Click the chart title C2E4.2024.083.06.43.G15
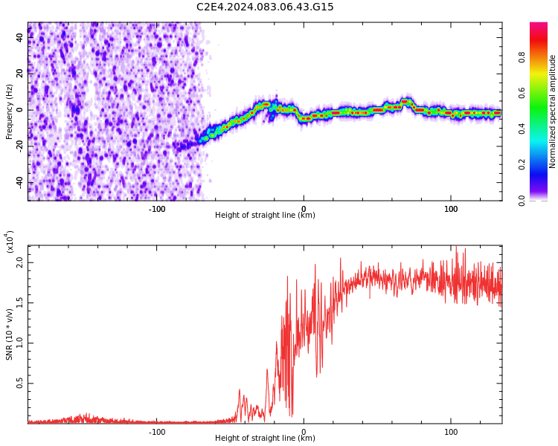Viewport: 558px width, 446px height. pyautogui.click(x=265, y=7)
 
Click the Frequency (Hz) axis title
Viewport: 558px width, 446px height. pyautogui.click(x=10, y=111)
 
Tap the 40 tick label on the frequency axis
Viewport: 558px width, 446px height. pyautogui.click(x=19, y=36)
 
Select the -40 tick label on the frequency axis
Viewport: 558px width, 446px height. pyautogui.click(x=18, y=182)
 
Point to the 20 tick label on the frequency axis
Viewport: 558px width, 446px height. pyautogui.click(x=19, y=73)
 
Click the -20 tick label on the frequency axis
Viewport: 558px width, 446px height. pyautogui.click(x=18, y=146)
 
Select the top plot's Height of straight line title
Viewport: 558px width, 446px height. pyautogui.click(x=265, y=216)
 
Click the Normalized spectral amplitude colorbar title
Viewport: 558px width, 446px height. pyautogui.click(x=553, y=111)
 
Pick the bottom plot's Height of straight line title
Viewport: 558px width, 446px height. pyautogui.click(x=265, y=439)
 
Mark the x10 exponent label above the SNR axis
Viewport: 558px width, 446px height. pyautogui.click(x=10, y=242)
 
